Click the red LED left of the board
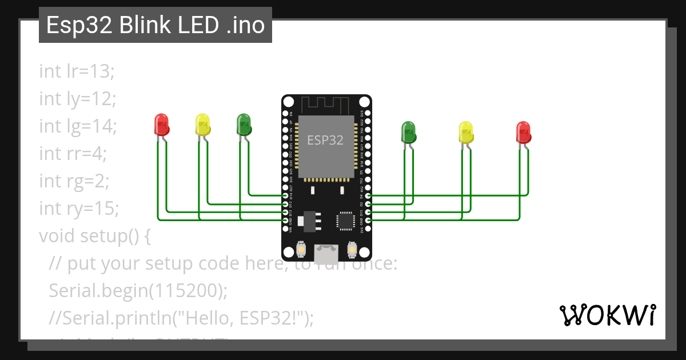(x=162, y=125)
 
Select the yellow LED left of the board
(x=202, y=125)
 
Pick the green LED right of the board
(x=409, y=131)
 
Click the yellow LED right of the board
(x=466, y=131)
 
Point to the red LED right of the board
(x=523, y=131)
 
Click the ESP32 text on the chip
(x=325, y=139)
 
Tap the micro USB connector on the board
(x=326, y=252)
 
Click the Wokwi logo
(x=607, y=315)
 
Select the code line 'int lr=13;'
(x=77, y=71)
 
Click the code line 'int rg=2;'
(x=74, y=181)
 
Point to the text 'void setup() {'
(x=94, y=235)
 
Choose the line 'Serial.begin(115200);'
(x=138, y=290)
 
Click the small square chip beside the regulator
(x=346, y=220)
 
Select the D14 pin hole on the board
(x=285, y=196)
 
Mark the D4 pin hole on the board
(x=367, y=196)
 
